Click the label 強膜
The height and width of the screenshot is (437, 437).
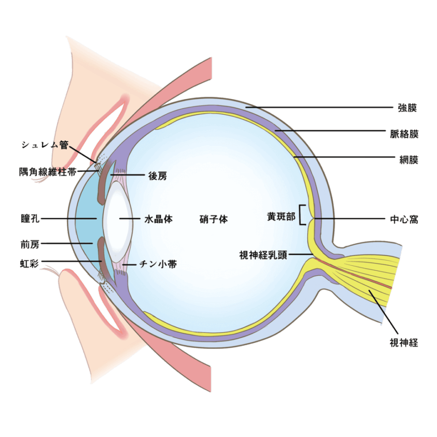pyautogui.click(x=407, y=109)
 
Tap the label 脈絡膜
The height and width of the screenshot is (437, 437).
pyautogui.click(x=404, y=134)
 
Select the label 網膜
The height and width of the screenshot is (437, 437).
pyautogui.click(x=409, y=160)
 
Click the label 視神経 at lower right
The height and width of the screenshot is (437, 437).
pyautogui.click(x=404, y=344)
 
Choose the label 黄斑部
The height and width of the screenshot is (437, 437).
pyautogui.click(x=281, y=217)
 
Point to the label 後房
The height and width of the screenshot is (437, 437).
pyautogui.click(x=157, y=176)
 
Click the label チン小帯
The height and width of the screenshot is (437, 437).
pyautogui.click(x=158, y=264)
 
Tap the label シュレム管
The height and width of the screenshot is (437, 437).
pyautogui.click(x=44, y=145)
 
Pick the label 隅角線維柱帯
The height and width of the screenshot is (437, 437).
pyautogui.click(x=48, y=171)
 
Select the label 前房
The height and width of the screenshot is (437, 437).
pyautogui.click(x=30, y=243)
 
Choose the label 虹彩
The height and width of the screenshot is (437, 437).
pyautogui.click(x=30, y=264)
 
